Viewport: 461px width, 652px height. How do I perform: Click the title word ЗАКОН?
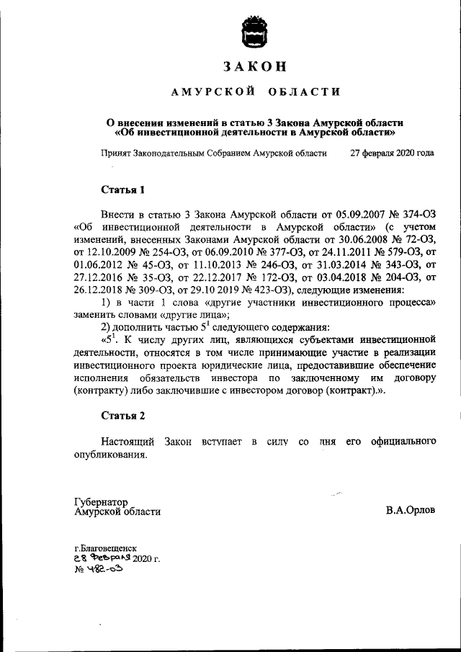click(254, 66)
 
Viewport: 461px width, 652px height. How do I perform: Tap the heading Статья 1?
click(122, 190)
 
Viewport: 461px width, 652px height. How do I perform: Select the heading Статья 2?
click(122, 416)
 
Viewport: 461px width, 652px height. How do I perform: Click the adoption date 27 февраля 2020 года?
click(392, 153)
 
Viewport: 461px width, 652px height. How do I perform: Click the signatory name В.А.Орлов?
click(411, 511)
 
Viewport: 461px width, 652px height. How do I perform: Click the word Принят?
click(115, 153)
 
